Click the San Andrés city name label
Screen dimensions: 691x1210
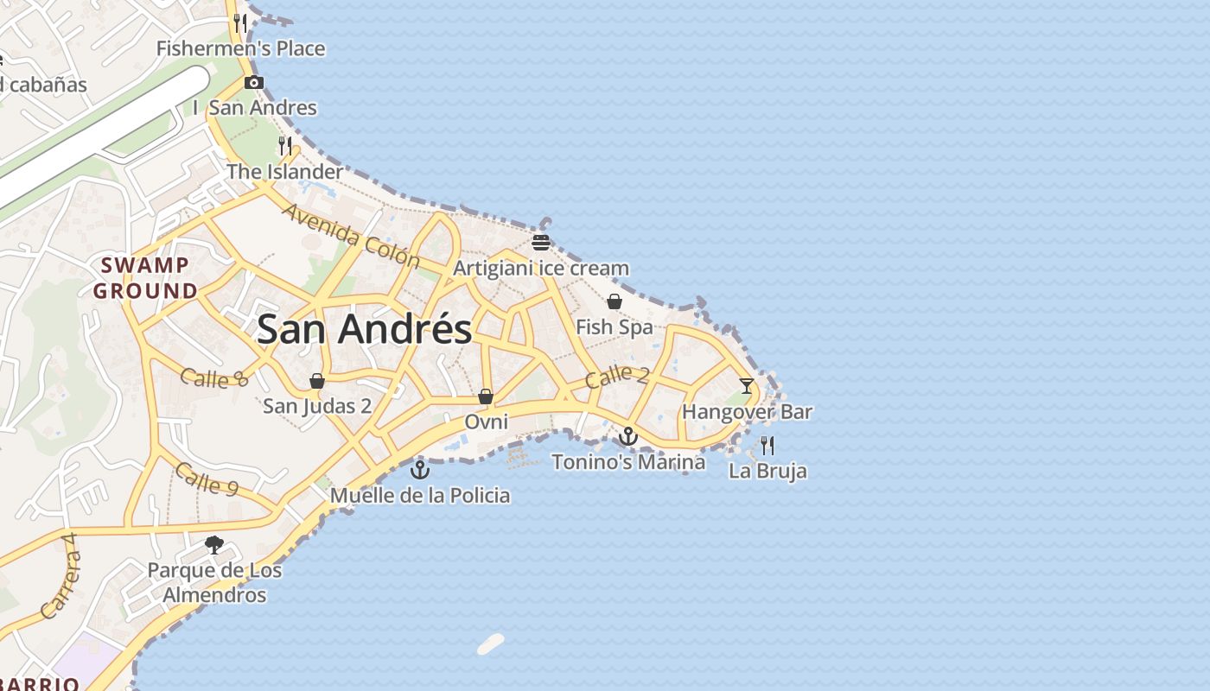coord(365,329)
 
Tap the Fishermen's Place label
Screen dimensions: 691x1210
coord(240,48)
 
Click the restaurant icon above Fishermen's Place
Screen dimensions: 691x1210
coord(241,22)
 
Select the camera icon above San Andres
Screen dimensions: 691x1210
coord(253,83)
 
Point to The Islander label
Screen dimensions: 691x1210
coord(284,172)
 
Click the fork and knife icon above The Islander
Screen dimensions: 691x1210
coord(285,145)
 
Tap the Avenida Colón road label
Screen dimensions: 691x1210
coord(350,236)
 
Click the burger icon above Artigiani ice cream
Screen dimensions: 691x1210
coord(541,242)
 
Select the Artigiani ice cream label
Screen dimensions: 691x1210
coord(541,268)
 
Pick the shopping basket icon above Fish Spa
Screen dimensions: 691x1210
coord(614,301)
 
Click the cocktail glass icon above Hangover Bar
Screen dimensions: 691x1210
coord(747,386)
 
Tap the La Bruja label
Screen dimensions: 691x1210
coord(767,471)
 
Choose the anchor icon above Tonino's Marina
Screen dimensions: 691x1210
coord(628,436)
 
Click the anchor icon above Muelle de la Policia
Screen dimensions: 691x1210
coord(419,470)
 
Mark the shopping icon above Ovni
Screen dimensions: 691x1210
coord(486,396)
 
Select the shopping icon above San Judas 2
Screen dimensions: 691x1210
coord(317,381)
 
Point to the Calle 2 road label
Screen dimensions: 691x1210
coord(616,377)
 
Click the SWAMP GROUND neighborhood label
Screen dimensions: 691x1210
coord(145,278)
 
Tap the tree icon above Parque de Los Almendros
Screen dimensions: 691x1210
coord(214,545)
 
